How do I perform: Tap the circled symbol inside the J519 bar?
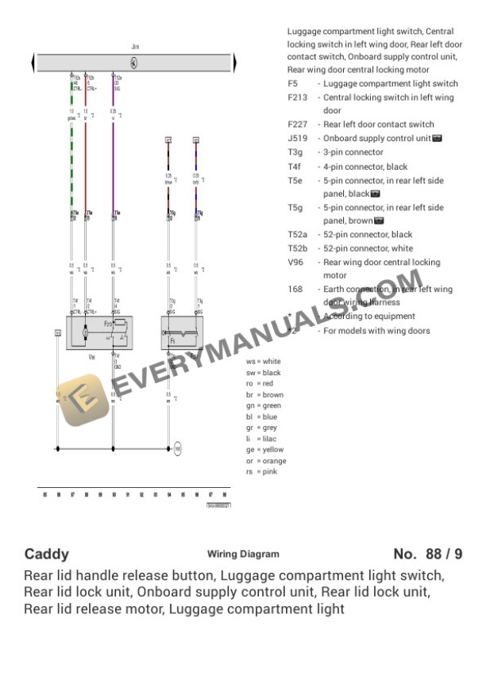(x=133, y=63)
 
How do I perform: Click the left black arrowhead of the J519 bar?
(x=33, y=63)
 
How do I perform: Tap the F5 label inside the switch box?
(x=172, y=340)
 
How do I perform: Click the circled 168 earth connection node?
(x=178, y=448)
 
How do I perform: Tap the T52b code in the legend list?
(x=299, y=248)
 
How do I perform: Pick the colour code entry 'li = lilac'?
(x=262, y=439)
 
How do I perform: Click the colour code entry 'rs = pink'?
(x=261, y=471)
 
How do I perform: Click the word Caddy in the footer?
(x=47, y=554)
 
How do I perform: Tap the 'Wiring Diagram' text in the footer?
(x=243, y=554)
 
